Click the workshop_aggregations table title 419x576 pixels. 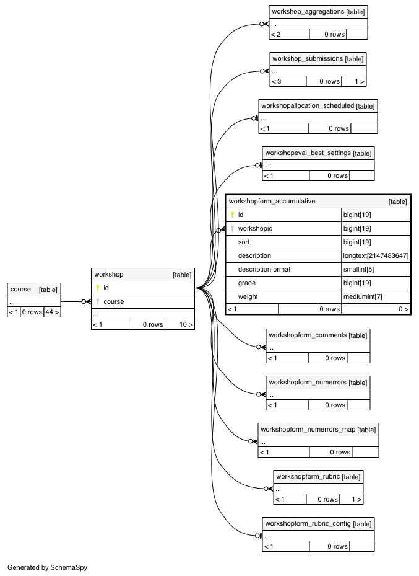(308, 12)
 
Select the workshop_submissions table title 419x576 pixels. (308, 59)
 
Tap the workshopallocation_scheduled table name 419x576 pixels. (308, 106)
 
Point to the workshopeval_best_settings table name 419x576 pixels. (308, 153)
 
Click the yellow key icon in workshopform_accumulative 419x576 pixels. (232, 215)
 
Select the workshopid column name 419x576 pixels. (255, 229)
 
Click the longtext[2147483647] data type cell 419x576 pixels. (376, 255)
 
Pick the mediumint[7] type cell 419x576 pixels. (363, 296)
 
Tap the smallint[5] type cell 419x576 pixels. (358, 269)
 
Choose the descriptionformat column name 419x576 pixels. (264, 269)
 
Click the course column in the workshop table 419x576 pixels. (114, 301)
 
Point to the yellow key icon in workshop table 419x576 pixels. (98, 288)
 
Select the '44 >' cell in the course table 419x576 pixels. (52, 312)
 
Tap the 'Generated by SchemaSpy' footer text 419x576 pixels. (47, 567)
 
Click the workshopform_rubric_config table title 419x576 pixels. (308, 523)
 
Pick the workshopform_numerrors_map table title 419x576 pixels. (308, 430)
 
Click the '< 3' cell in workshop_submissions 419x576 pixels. (277, 82)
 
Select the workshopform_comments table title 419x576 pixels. (308, 335)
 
